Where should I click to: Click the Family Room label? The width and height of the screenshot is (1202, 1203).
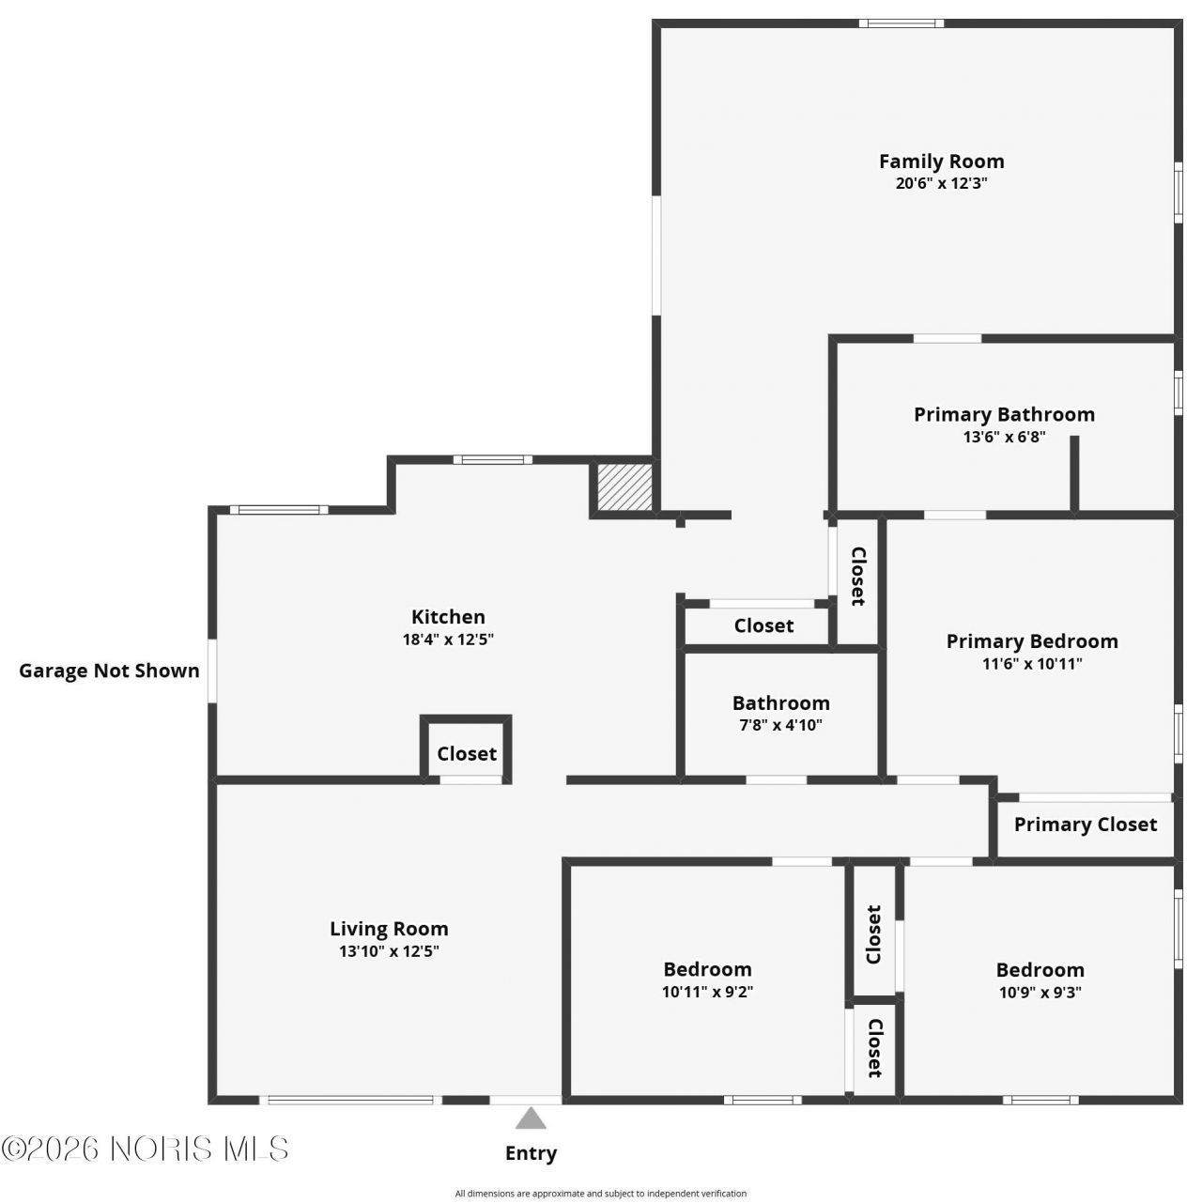coord(941,162)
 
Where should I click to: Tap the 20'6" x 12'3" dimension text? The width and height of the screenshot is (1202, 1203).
coord(941,183)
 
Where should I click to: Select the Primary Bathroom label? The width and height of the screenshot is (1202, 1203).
coord(1004,414)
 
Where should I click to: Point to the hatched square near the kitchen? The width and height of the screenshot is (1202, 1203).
coord(624,487)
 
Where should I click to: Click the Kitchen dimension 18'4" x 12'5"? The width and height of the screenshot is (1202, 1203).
coord(448,639)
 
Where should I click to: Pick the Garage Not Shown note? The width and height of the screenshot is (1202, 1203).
coord(109,671)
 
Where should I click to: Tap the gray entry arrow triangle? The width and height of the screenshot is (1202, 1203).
coord(531,1118)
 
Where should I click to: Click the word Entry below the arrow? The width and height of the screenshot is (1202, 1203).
coord(531,1153)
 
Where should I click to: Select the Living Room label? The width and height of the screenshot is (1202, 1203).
coord(389,929)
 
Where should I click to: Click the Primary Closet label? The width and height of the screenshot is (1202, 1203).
coord(1086,824)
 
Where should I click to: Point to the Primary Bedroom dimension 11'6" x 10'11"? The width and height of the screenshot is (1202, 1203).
coord(1032,664)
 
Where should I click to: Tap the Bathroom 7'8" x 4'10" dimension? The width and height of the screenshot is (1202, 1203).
coord(780,725)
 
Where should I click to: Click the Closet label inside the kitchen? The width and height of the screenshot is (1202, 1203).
coord(467,753)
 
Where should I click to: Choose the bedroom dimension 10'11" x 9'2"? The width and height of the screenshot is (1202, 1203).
coord(707,992)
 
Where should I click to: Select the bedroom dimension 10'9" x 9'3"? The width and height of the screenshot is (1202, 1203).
coord(1040,992)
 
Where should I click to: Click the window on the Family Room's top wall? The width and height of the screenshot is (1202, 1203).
coord(901,23)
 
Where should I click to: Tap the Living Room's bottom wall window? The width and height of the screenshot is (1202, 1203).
coord(350,1101)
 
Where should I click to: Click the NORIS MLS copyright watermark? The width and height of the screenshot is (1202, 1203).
coord(145,1149)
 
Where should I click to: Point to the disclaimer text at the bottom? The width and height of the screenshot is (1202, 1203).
coord(601,1194)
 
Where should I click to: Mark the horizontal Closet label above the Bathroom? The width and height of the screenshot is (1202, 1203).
coord(763,625)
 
